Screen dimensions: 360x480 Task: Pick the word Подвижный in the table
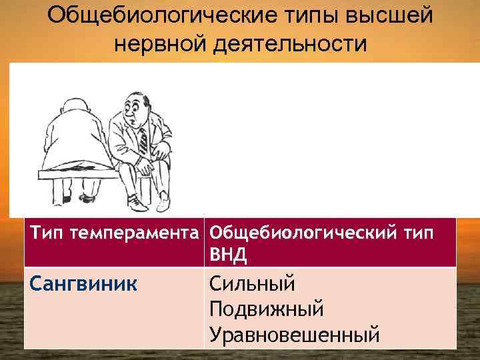click(266, 308)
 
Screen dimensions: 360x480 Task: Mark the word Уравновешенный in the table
click(294, 332)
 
